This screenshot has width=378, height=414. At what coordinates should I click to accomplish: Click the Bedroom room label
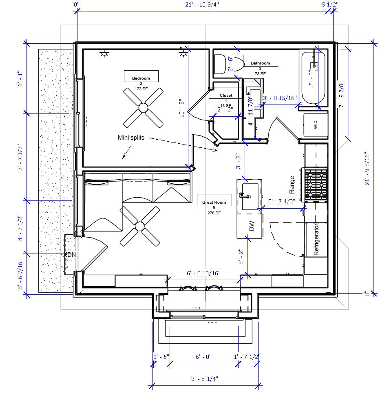point(141,78)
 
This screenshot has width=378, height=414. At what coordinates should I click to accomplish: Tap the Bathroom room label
point(260,63)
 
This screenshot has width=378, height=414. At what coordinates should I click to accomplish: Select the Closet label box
point(226,95)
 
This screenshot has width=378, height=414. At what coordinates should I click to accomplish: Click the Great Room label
point(214,202)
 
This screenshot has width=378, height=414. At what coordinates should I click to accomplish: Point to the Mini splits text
point(131,138)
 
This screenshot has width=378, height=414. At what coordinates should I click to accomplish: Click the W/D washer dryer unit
point(316,125)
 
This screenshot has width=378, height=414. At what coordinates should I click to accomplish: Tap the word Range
point(292,185)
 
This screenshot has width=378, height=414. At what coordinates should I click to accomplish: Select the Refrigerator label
point(316,240)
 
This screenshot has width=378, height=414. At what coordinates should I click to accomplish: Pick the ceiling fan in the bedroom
point(143,108)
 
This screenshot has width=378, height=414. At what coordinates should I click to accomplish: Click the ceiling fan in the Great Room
point(140,226)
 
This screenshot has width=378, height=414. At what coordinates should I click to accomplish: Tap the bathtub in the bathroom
point(314,78)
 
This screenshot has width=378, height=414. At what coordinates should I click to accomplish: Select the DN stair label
point(72,255)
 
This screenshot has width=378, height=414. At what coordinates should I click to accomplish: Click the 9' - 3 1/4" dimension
point(205,379)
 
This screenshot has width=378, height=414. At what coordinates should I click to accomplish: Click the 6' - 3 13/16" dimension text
point(204,273)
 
